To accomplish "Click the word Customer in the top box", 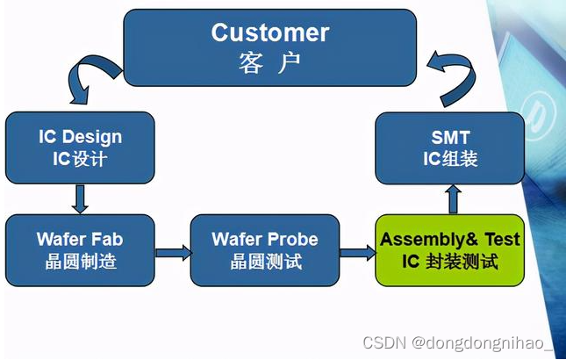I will click(x=269, y=33).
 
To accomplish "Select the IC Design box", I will click(x=80, y=148).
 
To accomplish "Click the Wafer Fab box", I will click(x=80, y=249).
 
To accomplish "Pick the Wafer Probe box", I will click(x=265, y=249).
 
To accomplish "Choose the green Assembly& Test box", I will click(x=450, y=249).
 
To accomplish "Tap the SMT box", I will click(x=450, y=148).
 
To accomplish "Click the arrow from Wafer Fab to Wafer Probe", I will click(x=173, y=253).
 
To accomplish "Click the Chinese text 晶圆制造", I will click(x=80, y=262).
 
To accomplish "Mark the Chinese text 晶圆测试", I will click(x=265, y=262).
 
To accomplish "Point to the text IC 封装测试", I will click(x=450, y=262).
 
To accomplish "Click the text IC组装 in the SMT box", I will click(x=450, y=159).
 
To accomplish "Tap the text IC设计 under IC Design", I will click(x=80, y=159).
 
